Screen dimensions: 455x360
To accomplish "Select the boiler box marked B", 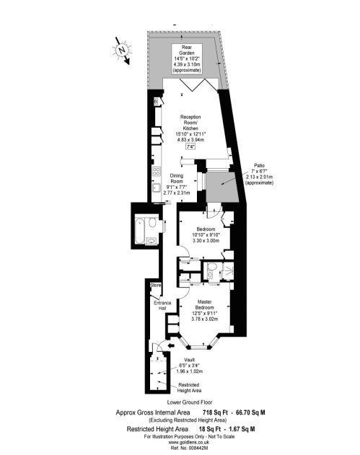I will pos(157,102).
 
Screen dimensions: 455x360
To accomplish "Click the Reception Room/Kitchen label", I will pos(190,128).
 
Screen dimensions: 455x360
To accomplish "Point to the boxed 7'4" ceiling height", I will pos(191,147).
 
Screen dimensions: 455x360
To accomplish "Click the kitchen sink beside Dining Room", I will pos(156,189).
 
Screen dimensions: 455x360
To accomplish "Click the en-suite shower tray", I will pos(225,271).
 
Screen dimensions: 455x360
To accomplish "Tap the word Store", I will pos(154,286).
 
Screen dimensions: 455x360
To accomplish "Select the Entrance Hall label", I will pos(162,306).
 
